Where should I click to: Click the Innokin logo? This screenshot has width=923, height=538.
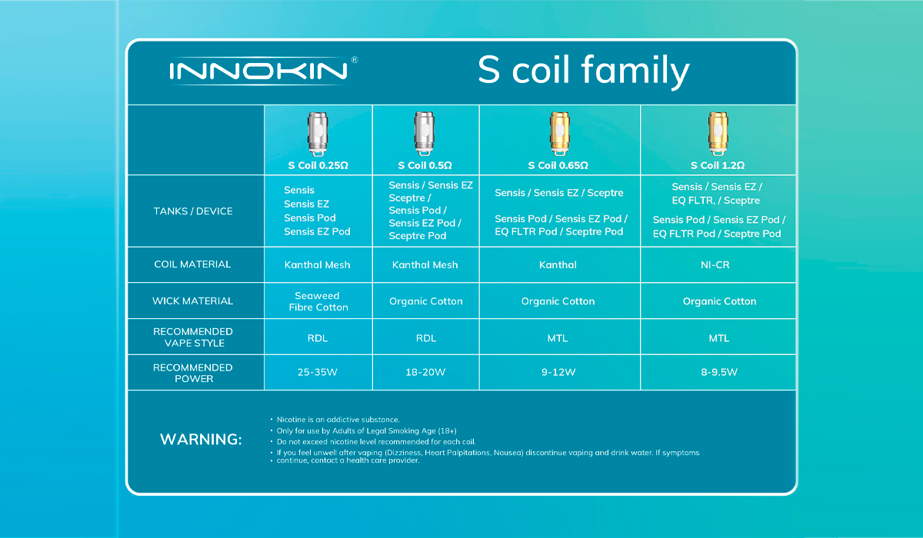tap(258, 71)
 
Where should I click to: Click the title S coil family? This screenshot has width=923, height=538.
tap(583, 71)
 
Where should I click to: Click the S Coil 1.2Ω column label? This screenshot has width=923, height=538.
tap(720, 165)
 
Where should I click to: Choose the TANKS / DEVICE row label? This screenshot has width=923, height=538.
tap(194, 211)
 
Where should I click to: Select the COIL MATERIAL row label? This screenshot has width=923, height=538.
tap(193, 264)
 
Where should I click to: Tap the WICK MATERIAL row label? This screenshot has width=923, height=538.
tap(193, 301)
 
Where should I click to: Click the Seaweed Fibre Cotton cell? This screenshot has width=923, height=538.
tap(318, 301)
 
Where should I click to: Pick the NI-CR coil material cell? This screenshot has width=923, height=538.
tap(720, 264)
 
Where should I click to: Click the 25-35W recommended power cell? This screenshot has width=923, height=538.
tap(318, 373)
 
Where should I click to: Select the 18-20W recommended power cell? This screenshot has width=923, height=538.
tap(425, 373)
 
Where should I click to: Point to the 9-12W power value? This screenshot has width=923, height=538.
tap(558, 373)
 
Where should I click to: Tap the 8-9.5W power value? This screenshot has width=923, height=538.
tap(720, 373)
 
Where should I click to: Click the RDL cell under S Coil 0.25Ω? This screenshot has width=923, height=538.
tap(318, 337)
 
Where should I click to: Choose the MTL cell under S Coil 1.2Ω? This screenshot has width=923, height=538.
tap(720, 337)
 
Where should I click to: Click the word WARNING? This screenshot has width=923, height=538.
tap(201, 440)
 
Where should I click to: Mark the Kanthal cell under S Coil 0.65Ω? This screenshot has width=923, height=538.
tap(558, 264)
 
